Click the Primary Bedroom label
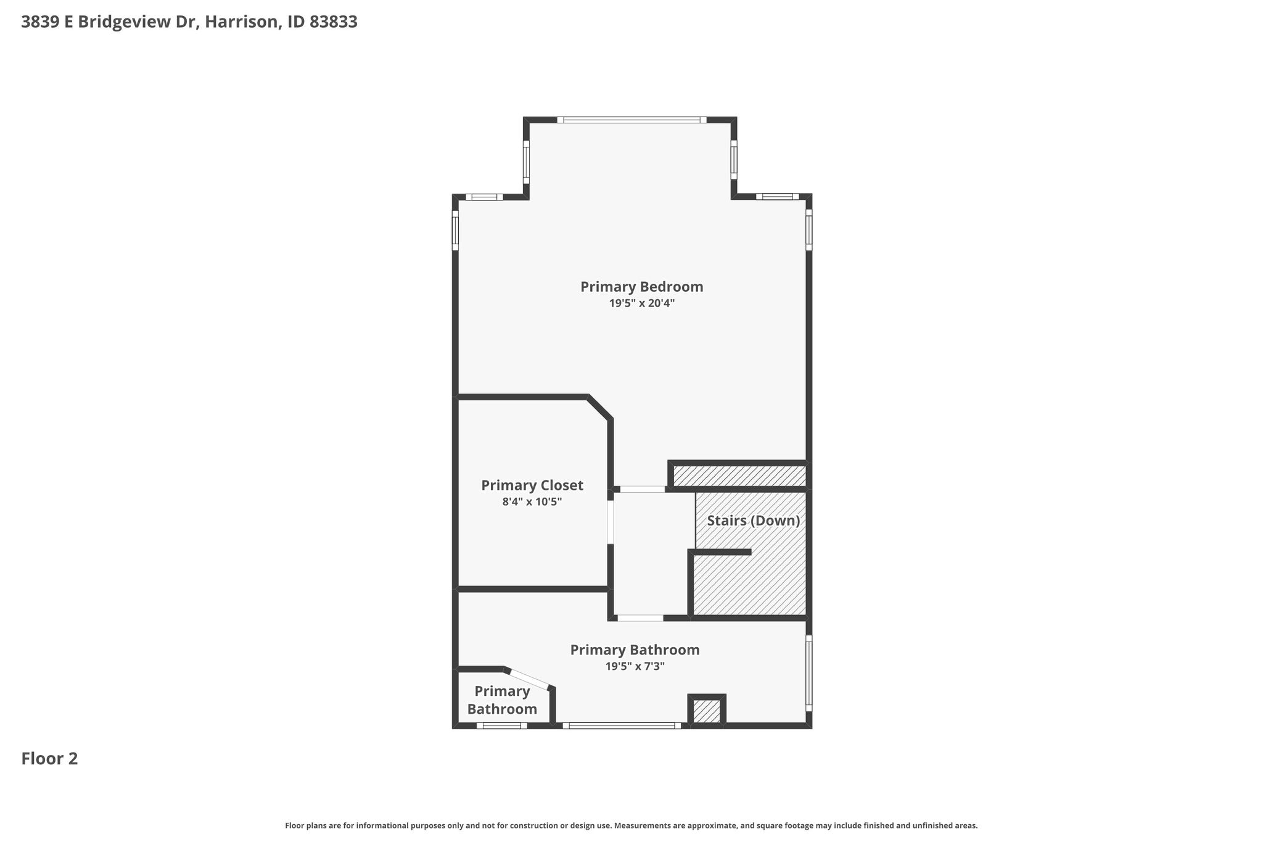point(641,287)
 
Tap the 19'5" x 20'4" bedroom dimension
point(641,303)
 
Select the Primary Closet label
point(532,485)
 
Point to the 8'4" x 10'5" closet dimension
point(532,501)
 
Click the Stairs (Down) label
point(754,521)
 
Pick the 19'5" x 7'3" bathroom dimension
point(635,666)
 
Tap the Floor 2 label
point(49,759)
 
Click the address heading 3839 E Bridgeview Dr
point(109,22)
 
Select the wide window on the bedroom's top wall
point(632,120)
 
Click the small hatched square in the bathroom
point(707,711)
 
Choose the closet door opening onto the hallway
point(611,522)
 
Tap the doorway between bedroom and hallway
point(643,489)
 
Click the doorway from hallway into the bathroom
point(640,617)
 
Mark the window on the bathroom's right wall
point(809,674)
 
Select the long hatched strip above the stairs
point(739,476)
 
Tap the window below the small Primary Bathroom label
point(502,725)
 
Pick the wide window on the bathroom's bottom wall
point(622,725)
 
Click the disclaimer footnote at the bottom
point(631,825)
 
